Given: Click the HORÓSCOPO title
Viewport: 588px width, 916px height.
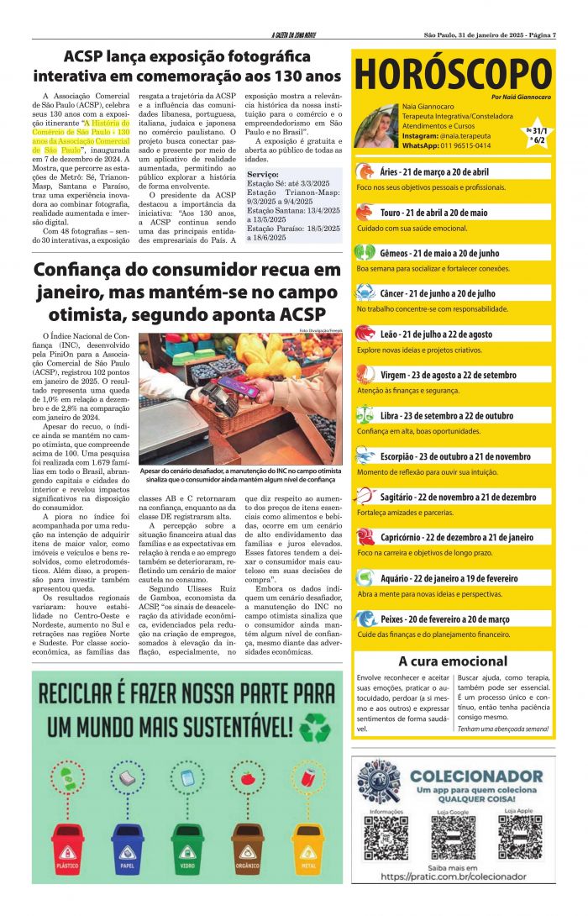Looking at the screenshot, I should coord(454,76).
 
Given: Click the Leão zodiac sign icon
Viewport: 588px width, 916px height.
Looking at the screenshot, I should coord(365,334).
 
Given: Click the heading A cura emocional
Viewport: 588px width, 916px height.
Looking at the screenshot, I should coord(454,661).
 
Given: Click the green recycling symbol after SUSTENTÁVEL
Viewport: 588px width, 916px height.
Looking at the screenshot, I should coord(316,728).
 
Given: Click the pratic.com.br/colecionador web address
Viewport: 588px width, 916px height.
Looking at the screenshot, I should coord(454,877).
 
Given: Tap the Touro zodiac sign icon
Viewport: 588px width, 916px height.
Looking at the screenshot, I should coord(365,213).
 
